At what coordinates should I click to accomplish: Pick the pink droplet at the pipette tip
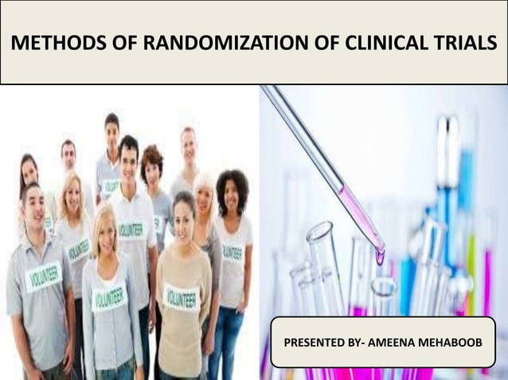[x=381, y=256]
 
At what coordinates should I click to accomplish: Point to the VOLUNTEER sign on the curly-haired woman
[x=232, y=252]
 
